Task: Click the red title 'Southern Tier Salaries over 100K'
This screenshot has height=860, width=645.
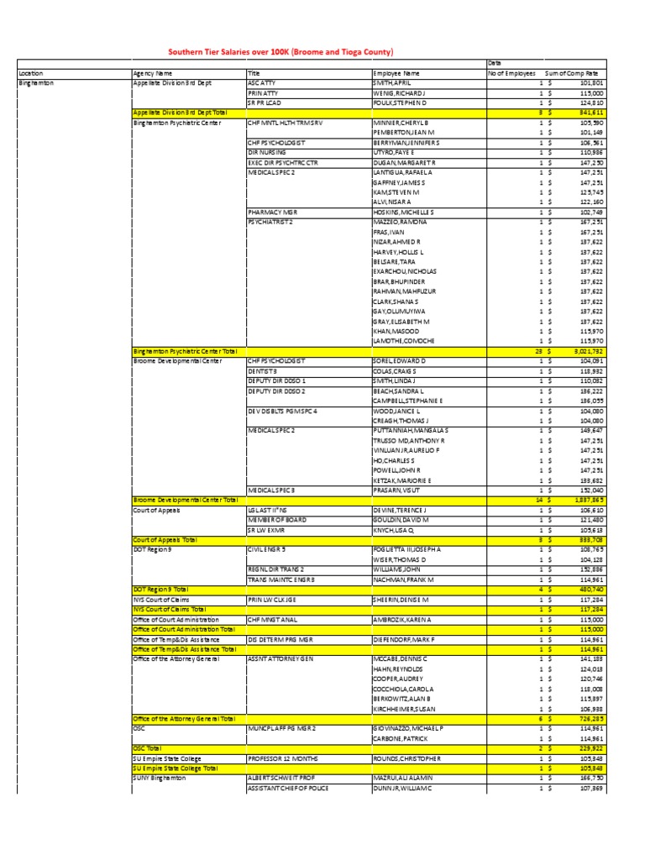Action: [x=281, y=51]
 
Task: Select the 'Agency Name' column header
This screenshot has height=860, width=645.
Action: [x=152, y=74]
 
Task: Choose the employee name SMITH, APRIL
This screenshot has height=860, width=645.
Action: [x=393, y=83]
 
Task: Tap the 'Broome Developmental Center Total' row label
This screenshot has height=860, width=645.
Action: [x=185, y=500]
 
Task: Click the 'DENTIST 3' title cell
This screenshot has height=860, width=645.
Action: [x=262, y=370]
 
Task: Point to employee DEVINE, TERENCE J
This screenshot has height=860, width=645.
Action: [x=400, y=510]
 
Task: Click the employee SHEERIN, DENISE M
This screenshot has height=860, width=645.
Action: [x=402, y=600]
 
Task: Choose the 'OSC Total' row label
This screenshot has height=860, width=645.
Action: [x=147, y=747]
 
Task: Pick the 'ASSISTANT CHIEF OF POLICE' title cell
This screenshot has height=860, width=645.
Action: [x=287, y=789]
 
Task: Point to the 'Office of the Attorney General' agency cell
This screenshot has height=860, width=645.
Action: [x=176, y=658]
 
